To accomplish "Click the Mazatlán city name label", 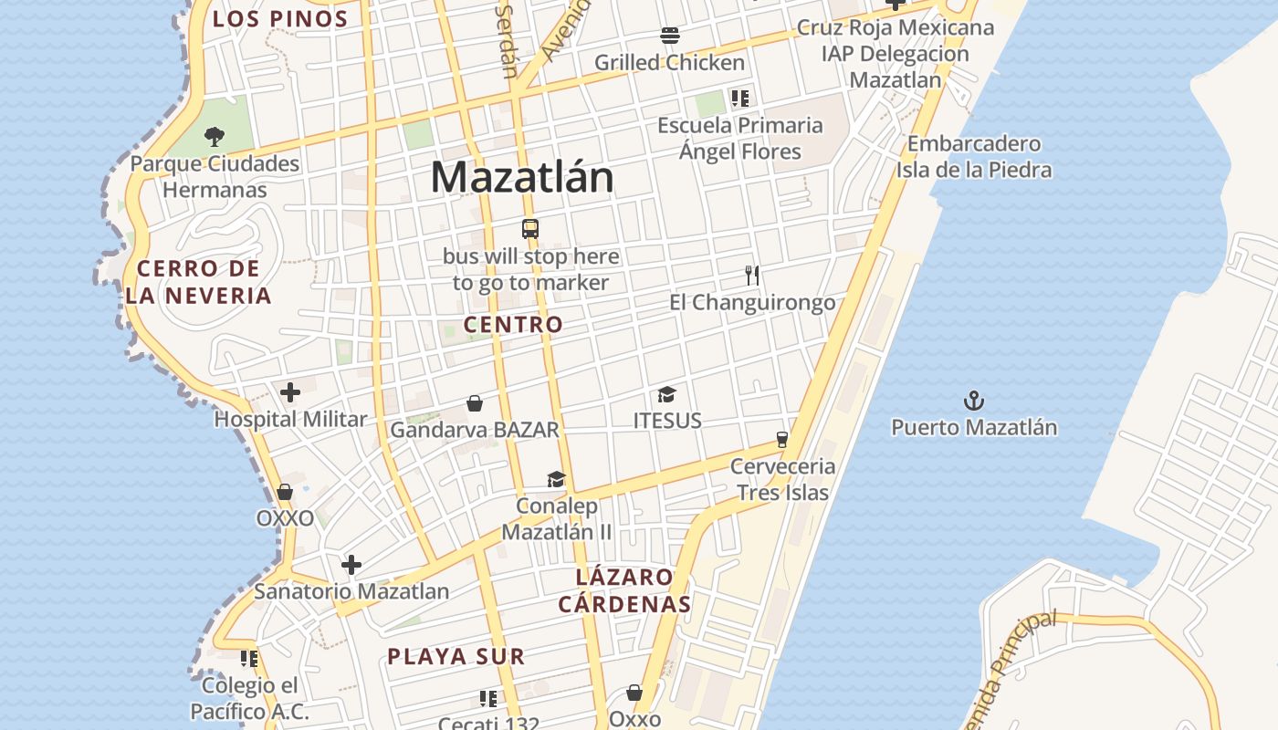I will click(522, 177).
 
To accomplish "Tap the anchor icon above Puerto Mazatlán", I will click(974, 401).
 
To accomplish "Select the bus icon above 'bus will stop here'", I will click(530, 229).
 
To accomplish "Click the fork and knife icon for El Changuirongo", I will click(752, 275).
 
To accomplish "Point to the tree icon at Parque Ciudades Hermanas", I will click(215, 138).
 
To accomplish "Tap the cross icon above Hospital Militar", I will click(290, 392).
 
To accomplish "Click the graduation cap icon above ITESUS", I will click(667, 394).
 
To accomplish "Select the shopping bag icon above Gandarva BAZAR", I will click(475, 402).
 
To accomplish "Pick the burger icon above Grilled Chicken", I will click(670, 36).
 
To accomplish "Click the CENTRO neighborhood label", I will click(513, 324).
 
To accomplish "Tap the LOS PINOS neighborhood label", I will click(280, 19).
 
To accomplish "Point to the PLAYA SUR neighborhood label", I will click(456, 656).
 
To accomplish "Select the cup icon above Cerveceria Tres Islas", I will click(782, 439).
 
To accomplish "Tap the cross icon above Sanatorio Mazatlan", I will click(351, 564).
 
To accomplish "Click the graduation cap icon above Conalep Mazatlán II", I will click(557, 479).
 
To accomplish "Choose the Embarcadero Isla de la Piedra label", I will click(973, 157).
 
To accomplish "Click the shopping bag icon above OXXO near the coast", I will click(285, 492).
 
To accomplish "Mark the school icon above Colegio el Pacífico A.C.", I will click(249, 658).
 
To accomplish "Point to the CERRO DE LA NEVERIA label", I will click(199, 282).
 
